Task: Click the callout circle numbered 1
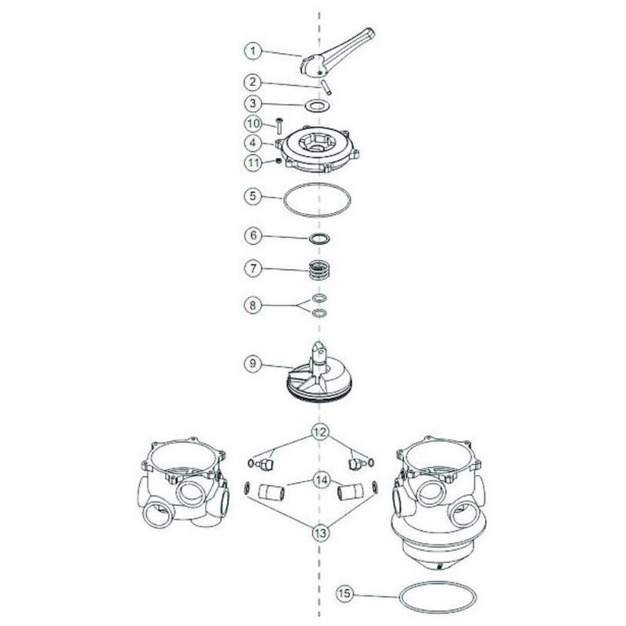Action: click(253, 51)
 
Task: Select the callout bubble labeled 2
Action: click(253, 82)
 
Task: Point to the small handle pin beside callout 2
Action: click(326, 87)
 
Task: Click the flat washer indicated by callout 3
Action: click(318, 106)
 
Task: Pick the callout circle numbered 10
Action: click(253, 124)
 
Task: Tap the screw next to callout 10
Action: click(279, 127)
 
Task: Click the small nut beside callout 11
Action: click(279, 160)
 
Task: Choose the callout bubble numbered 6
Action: click(253, 236)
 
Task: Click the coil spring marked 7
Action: click(319, 270)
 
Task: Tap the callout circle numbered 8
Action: click(253, 305)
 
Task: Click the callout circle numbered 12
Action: click(320, 432)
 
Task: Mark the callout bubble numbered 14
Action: click(322, 480)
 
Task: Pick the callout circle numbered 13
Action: click(321, 532)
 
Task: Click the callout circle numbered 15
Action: click(344, 593)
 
